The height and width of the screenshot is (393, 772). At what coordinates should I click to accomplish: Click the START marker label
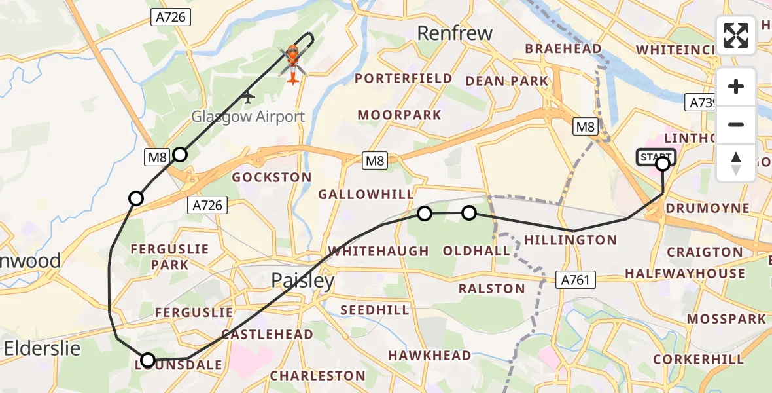coord(654,157)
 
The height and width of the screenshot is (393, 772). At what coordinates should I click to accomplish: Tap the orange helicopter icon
coord(292,62)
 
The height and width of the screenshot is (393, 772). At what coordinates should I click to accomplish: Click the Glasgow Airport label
coord(248,117)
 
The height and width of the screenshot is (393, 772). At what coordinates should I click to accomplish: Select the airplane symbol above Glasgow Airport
coord(247,97)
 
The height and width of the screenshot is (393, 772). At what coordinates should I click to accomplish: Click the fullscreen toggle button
coord(736,35)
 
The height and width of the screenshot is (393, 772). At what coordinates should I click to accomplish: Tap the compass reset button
coord(736,163)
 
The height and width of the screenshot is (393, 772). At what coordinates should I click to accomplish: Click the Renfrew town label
coord(454,33)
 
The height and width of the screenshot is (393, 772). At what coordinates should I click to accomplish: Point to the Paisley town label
coord(303,281)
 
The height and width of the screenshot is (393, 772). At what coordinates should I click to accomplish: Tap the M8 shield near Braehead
coord(585,127)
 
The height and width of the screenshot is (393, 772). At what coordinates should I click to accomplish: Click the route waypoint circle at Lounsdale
coord(148,360)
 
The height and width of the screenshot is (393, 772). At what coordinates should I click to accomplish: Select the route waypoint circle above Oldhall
coord(468,213)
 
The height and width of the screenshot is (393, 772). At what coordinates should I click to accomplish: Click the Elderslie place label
coord(43,348)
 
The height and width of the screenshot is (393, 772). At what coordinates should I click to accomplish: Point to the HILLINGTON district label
coord(572,240)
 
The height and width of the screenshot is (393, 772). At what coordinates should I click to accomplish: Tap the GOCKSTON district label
coord(272,178)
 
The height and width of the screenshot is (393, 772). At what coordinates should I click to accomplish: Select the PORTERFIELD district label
coord(404,79)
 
